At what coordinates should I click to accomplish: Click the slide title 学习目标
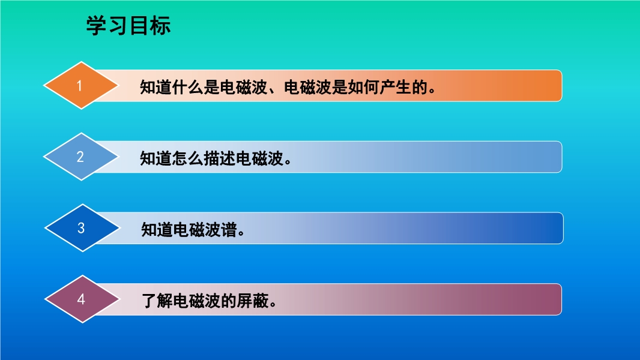click(128, 26)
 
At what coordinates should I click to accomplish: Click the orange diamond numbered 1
click(81, 86)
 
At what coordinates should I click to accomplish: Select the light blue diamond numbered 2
click(81, 157)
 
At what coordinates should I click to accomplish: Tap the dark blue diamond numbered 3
click(82, 228)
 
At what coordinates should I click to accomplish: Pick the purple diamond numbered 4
click(82, 299)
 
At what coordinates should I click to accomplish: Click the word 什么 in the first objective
click(187, 87)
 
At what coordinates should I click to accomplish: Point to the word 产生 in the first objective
click(394, 87)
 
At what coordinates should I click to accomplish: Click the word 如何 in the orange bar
click(363, 87)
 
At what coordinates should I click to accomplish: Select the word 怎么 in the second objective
click(187, 158)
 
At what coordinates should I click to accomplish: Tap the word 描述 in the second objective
click(219, 158)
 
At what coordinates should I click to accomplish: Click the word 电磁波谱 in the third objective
click(205, 230)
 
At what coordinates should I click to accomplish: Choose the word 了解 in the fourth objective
click(157, 301)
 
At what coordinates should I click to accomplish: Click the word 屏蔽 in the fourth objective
click(253, 301)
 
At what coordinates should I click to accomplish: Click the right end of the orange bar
click(561, 86)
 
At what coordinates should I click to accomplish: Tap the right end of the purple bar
click(561, 299)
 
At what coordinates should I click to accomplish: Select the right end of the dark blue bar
click(563, 228)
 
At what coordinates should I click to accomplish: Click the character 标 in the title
click(160, 26)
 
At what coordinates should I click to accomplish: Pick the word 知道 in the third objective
click(157, 230)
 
